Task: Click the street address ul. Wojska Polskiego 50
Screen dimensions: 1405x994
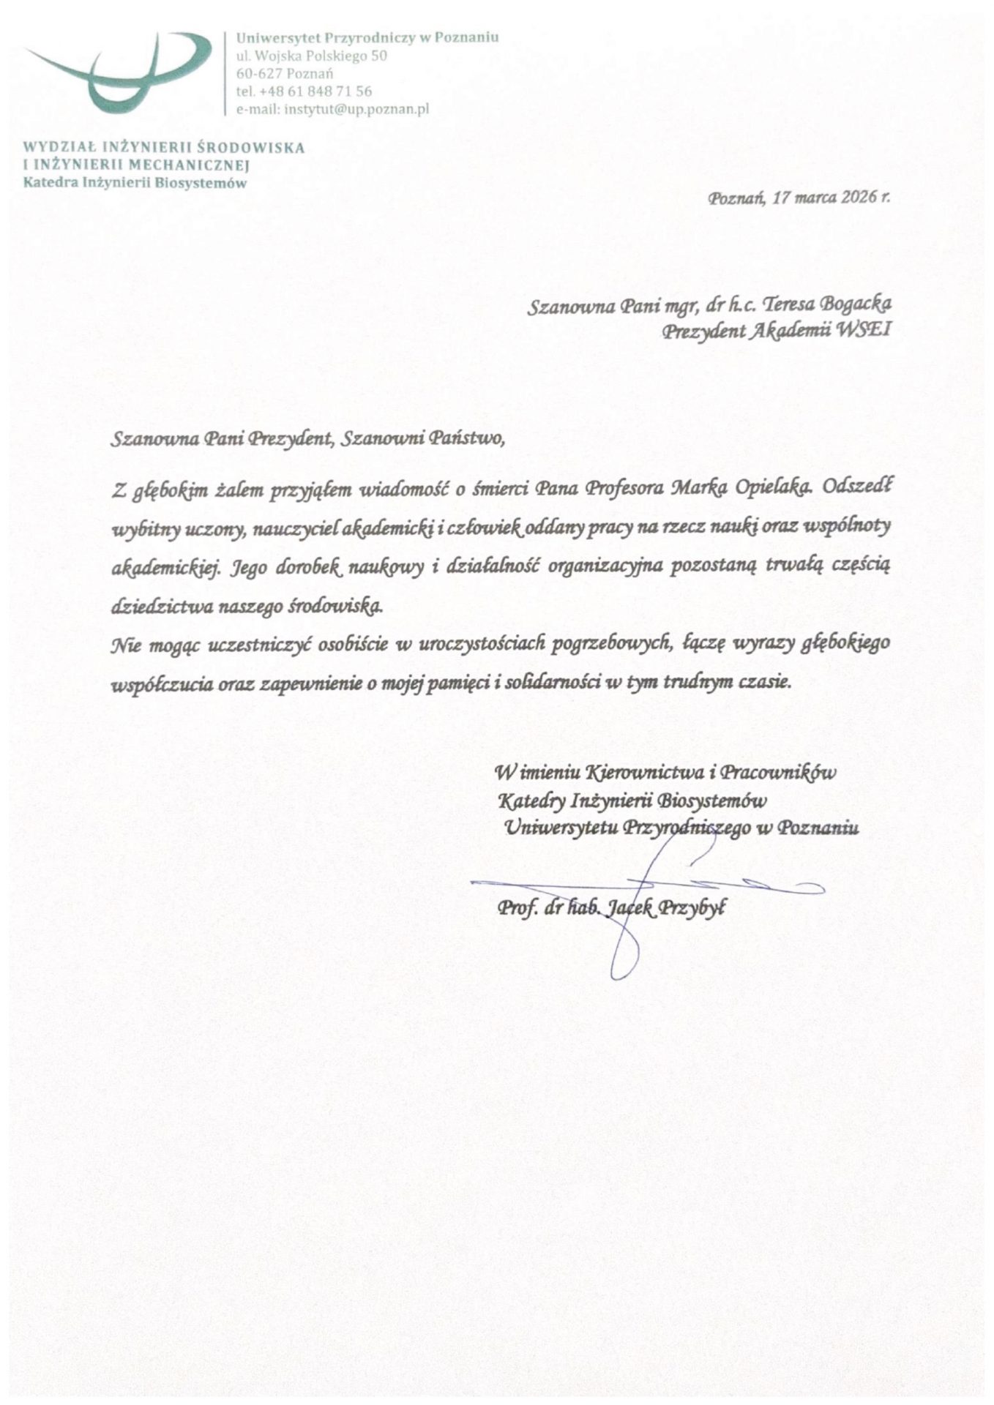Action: [311, 56]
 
